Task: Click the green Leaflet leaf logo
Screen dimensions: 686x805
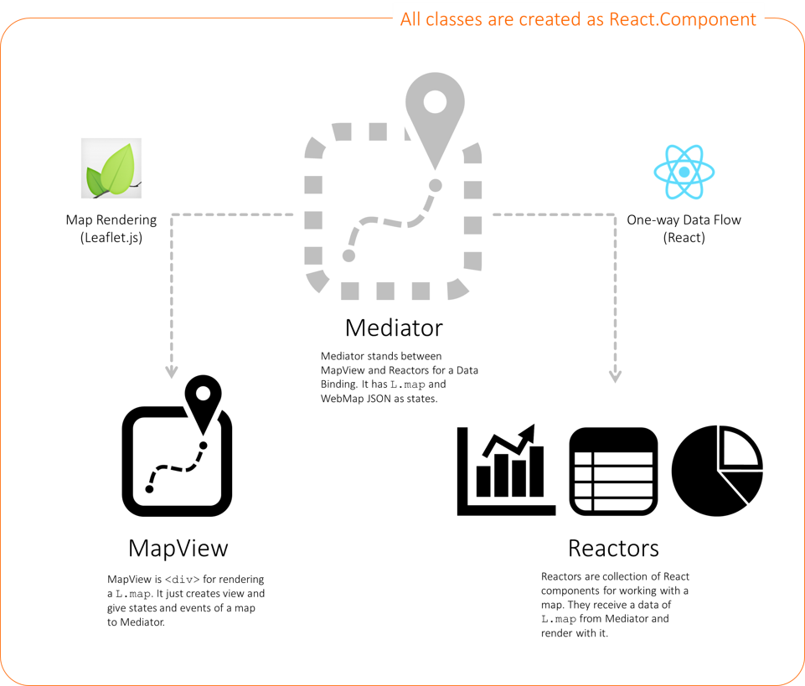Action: (111, 168)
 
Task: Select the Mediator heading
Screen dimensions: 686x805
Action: (394, 326)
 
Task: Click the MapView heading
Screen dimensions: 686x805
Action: (178, 548)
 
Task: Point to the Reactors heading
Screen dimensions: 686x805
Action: (613, 548)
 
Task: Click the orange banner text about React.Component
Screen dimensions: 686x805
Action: (578, 19)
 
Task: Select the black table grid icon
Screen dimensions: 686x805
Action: (613, 471)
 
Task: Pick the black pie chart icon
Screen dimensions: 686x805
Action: (718, 471)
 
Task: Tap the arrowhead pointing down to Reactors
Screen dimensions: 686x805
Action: (616, 374)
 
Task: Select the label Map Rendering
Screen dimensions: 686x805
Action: (111, 220)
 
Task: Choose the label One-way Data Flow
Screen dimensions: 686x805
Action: (684, 220)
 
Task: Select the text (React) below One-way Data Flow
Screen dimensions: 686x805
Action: (684, 237)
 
